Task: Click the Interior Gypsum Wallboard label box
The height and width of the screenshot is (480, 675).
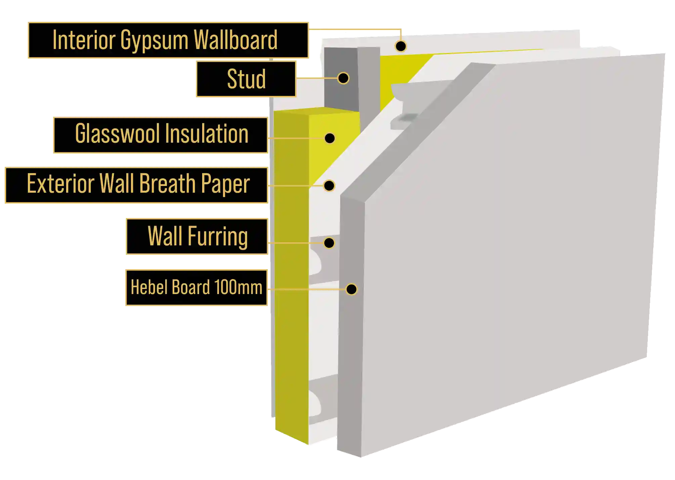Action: [168, 40]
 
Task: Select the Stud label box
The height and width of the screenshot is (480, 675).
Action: [246, 79]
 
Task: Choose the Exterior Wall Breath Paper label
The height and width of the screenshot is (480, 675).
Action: [136, 185]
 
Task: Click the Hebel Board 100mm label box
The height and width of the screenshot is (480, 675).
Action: [196, 288]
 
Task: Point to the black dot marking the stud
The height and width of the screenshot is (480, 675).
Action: [343, 78]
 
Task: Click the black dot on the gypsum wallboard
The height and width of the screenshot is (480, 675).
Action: [401, 46]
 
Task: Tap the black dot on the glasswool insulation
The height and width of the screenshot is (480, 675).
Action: [330, 138]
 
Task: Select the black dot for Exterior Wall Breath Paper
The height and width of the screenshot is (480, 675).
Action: [329, 185]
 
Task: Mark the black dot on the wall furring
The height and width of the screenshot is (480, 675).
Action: [329, 243]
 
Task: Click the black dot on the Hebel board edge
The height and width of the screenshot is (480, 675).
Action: [352, 289]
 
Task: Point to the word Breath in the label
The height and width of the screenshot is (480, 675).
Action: [167, 184]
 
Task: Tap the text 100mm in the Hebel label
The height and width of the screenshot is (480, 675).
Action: [238, 288]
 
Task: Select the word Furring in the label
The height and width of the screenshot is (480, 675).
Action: [218, 236]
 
